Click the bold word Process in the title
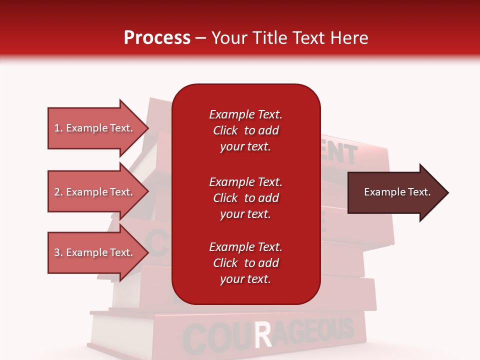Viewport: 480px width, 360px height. pyautogui.click(x=157, y=38)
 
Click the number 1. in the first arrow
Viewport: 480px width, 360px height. pyautogui.click(x=58, y=128)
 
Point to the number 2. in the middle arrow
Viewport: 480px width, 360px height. pyautogui.click(x=58, y=192)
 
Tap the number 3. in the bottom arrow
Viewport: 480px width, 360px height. pyautogui.click(x=58, y=252)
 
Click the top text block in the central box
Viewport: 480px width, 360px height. pyautogui.click(x=245, y=130)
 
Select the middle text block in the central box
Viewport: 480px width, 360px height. pyautogui.click(x=245, y=198)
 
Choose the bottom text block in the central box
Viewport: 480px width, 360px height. pyautogui.click(x=245, y=263)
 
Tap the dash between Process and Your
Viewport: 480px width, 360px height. pyautogui.click(x=201, y=38)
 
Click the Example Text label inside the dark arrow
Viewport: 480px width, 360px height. pyautogui.click(x=397, y=192)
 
